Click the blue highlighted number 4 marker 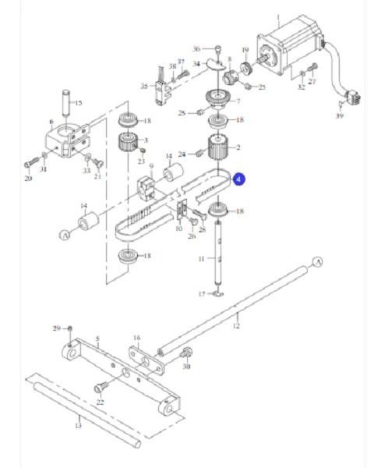pos(240,179)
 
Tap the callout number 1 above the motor pos(279,16)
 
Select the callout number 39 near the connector pos(340,115)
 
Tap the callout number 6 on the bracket pos(51,122)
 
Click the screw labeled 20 pos(31,164)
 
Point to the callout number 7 pos(238,101)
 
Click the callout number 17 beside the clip pos(201,294)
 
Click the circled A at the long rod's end pos(317,262)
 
